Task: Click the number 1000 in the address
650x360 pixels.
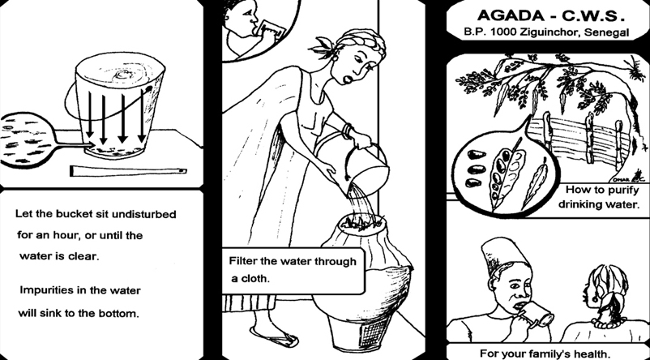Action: click(x=500, y=34)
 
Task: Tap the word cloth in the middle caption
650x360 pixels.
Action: click(x=257, y=278)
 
